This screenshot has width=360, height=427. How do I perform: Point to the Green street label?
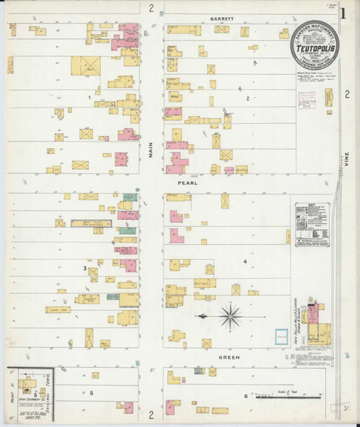pos(228,357)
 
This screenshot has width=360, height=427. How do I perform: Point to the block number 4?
pos(245,262)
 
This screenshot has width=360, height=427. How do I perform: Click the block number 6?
pos(245,396)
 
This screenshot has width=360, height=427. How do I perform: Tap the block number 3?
pos(85,268)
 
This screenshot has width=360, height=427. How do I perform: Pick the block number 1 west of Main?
pos(89,97)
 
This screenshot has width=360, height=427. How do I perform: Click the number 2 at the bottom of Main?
pos(151,413)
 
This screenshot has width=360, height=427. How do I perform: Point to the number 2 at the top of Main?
pos(151,8)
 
